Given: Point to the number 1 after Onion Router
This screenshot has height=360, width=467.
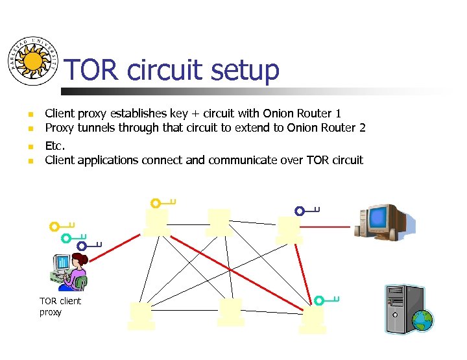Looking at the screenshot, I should coord(337,114).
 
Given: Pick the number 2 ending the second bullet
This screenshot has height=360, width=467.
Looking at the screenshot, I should coord(362,128).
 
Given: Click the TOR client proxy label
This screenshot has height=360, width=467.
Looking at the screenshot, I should coord(60,306).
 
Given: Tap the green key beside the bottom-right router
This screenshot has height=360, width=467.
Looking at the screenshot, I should coord(327,300).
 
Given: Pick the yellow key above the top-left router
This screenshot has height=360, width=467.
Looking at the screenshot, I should coord(163,203).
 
